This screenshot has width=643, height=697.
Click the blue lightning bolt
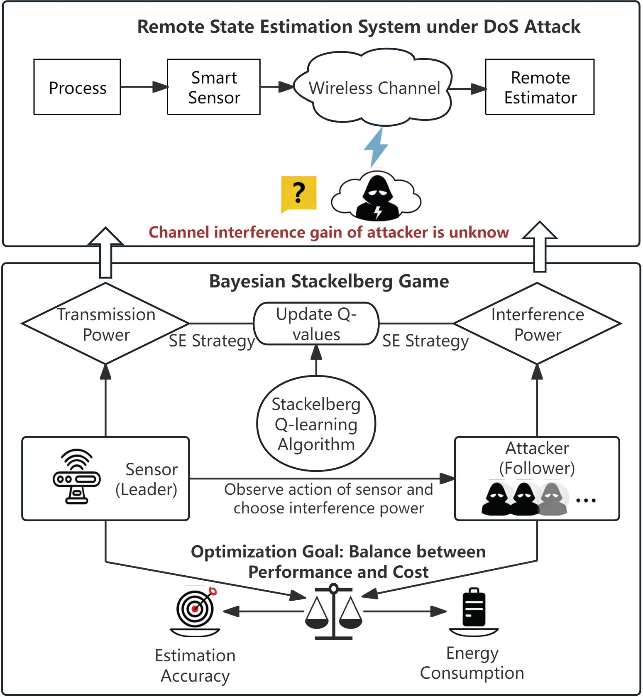pos(376,147)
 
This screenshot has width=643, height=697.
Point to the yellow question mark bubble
pos(298,194)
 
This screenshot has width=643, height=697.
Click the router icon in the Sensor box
pos(77,476)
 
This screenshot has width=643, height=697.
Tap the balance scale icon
pos(334,611)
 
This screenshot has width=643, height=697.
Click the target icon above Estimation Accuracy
pos(195,611)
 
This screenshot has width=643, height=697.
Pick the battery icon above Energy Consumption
pos(474,612)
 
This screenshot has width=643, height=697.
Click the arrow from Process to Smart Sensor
pos(144,87)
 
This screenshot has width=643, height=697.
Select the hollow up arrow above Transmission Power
pos(106,252)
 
